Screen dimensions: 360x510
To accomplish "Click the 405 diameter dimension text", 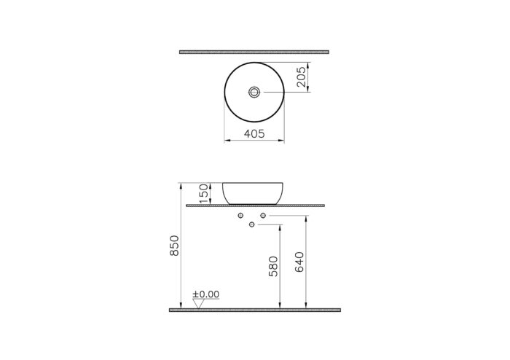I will [x=254, y=134].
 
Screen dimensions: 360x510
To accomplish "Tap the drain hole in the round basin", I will [x=254, y=92].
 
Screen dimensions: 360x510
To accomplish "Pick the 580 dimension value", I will [x=272, y=266].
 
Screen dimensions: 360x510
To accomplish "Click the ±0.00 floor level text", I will [x=205, y=294].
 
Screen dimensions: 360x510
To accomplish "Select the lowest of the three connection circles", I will [x=252, y=224].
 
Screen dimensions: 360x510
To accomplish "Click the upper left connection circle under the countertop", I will [x=240, y=216].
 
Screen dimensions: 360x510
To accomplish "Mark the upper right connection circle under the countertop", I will [x=263, y=216].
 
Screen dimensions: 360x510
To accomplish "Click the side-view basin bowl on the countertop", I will [x=253, y=193].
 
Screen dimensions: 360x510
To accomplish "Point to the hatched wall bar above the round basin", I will [x=254, y=52].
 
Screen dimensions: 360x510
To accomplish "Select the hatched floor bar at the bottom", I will [x=254, y=310].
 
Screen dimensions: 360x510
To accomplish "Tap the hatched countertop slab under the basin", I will [x=254, y=206].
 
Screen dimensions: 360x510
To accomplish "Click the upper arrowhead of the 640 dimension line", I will [x=306, y=219].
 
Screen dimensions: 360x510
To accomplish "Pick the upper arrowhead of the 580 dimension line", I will [x=280, y=227].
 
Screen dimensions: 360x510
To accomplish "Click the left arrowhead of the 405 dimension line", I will [x=226, y=141].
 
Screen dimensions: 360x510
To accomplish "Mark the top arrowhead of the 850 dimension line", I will [x=181, y=185].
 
